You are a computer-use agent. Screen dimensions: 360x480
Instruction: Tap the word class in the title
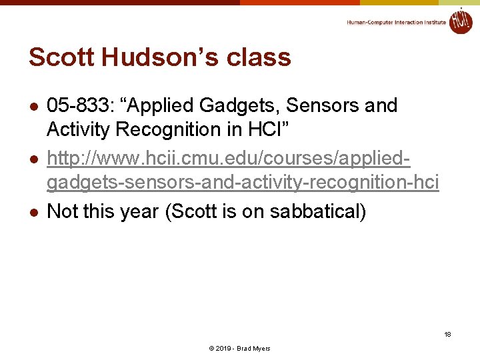point(258,57)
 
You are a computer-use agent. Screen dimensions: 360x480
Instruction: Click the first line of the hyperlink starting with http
point(229,159)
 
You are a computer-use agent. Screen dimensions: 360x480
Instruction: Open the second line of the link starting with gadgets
point(243,182)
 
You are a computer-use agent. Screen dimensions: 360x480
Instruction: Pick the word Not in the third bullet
point(62,211)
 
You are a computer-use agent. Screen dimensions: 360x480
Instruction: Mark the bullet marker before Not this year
point(32,213)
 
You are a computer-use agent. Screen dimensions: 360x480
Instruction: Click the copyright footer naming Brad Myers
point(239,349)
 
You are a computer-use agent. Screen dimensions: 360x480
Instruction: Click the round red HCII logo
point(460,21)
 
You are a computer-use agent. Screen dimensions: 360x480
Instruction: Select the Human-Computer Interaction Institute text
point(396,22)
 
